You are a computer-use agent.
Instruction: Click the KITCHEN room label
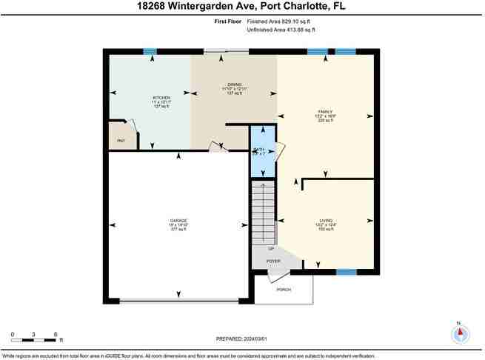point(162,98)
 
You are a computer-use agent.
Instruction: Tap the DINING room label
point(235,85)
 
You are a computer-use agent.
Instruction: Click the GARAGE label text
point(178,221)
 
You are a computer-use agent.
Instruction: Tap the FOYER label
point(274,261)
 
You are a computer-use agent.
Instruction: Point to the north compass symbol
point(461,333)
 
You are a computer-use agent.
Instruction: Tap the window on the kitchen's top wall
point(150,51)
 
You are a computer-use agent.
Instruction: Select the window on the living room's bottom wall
point(345,272)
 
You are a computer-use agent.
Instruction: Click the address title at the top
point(241,7)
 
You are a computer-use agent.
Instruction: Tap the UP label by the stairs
point(261,249)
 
